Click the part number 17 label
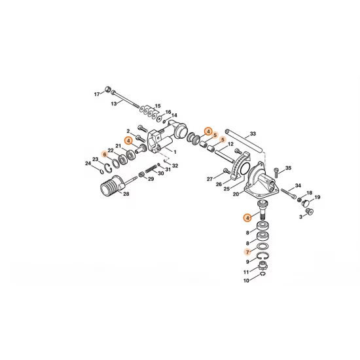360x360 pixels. tap(97, 94)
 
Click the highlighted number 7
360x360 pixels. tap(247, 251)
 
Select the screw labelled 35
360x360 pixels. tap(278, 172)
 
